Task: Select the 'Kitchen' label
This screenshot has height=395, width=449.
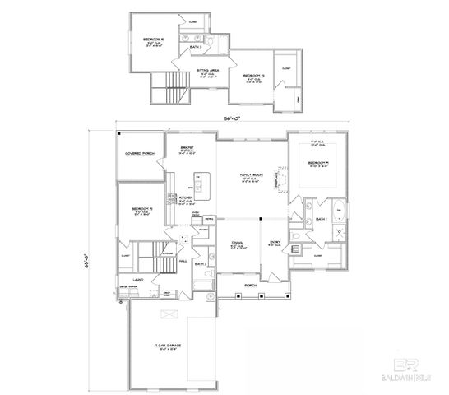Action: (x=187, y=198)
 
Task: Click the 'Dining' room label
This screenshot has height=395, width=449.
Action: (x=238, y=243)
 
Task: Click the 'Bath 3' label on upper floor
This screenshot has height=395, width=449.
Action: (x=196, y=47)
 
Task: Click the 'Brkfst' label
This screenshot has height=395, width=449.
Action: (x=187, y=148)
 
